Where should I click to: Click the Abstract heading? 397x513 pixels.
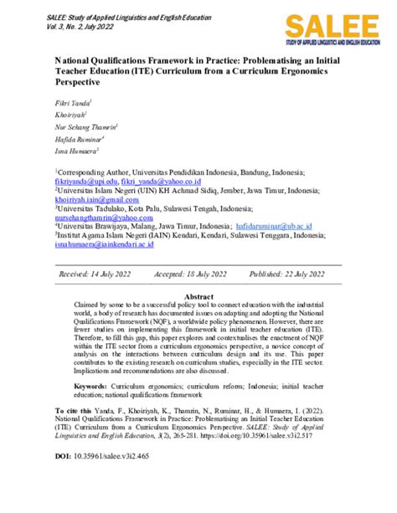tap(198, 297)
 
